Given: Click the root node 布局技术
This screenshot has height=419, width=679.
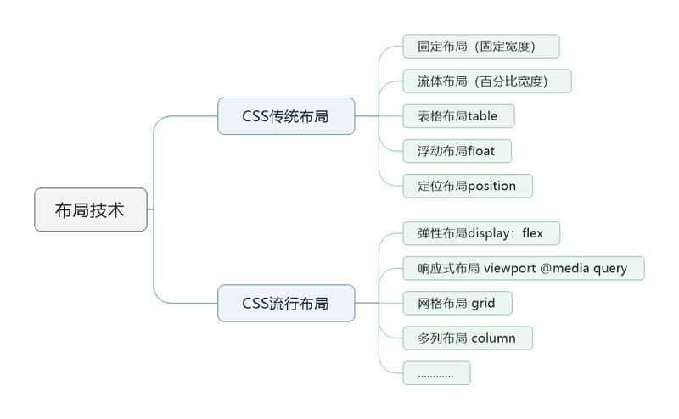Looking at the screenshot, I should coord(90,209).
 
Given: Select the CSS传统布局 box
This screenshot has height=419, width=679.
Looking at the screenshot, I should coord(285,116).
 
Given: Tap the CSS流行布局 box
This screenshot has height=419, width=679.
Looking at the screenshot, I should coord(285,303).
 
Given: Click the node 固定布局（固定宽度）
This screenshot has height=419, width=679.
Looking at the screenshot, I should coord(480,46).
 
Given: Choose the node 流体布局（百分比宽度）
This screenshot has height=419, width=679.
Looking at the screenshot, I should coord(486,81).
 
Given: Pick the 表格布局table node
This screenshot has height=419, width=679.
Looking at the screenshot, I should coord(457,115).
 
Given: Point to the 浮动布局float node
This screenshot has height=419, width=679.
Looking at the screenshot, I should coord(457,150).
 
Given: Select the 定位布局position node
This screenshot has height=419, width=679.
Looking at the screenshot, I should coord(467,185).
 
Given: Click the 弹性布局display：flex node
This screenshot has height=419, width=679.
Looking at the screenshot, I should coord(480,233).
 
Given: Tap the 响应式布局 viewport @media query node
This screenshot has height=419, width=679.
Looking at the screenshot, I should coord(523,268).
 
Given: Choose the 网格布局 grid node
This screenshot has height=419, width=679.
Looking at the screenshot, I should coord(457,303).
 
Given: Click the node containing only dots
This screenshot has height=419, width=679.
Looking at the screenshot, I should coord(436,372).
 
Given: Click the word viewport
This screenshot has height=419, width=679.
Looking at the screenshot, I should coord(509,269).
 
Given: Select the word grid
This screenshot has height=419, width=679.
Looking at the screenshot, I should coord(483,303).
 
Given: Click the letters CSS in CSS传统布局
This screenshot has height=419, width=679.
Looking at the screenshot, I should coord(255,116).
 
